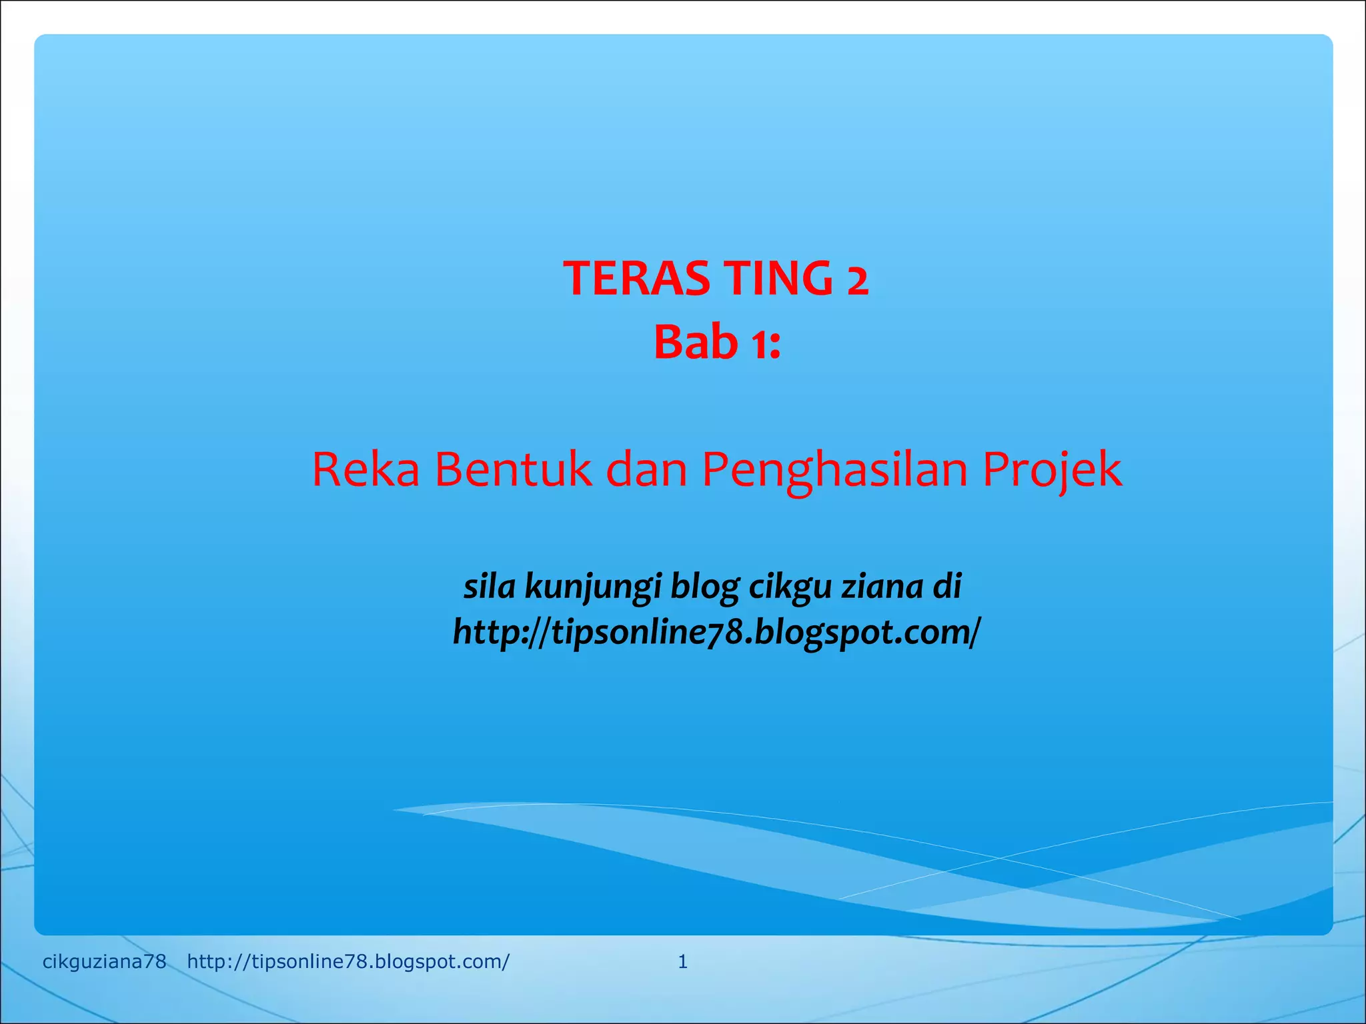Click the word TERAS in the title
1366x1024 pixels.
coord(636,278)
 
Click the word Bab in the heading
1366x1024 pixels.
coord(696,343)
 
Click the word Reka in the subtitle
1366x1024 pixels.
coord(366,469)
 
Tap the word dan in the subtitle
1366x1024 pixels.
coord(646,469)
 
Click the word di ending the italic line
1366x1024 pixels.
coord(948,586)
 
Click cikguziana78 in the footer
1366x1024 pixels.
coord(104,961)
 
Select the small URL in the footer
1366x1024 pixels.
coord(348,961)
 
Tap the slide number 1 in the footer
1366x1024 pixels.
coord(682,961)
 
